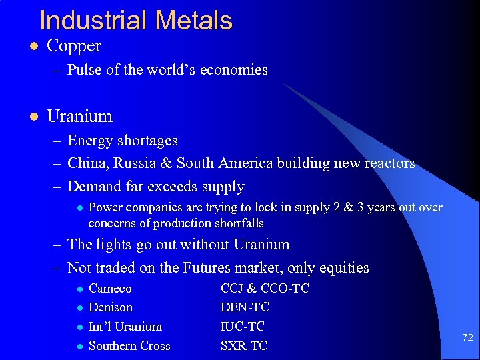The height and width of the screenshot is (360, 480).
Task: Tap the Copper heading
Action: [x=74, y=46]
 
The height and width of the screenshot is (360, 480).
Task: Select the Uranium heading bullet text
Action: [x=79, y=116]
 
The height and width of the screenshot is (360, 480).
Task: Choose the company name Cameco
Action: [x=110, y=289]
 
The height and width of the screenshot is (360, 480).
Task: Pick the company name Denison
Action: [x=110, y=307]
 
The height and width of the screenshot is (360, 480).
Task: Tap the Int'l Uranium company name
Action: [x=125, y=327]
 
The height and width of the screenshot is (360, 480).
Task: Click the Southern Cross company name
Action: [x=129, y=346]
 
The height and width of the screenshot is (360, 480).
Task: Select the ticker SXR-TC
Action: [x=243, y=346]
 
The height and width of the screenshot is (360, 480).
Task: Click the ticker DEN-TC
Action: [x=245, y=307]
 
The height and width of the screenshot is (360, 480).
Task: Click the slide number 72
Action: [x=467, y=338]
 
